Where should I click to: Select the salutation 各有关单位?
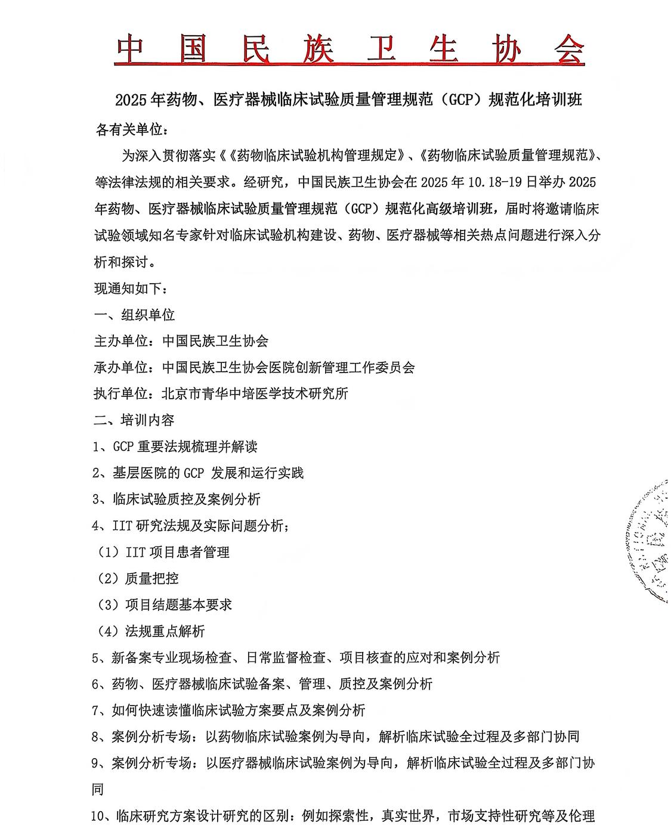128,129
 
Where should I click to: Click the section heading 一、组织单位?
134,315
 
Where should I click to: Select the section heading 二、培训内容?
134,420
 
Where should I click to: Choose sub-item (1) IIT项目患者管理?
163,552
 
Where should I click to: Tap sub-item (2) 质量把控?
138,579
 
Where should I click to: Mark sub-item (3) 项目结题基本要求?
164,605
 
